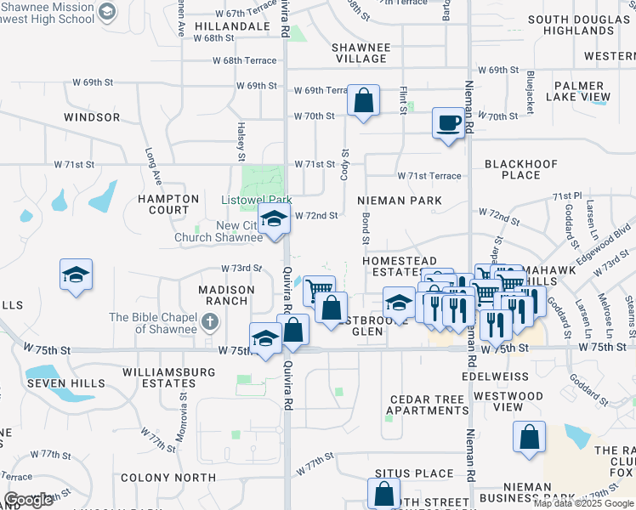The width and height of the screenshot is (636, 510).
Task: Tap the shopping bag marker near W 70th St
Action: point(363,100)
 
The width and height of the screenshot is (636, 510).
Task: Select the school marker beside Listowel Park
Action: point(274,220)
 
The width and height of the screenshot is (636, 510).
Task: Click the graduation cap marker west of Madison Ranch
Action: point(77,275)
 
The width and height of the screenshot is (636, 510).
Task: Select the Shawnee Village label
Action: point(361,53)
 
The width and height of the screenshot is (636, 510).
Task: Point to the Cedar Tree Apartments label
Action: point(428,405)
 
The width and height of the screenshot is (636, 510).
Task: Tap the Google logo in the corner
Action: point(29,500)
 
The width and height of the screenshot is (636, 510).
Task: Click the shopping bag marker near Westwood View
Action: point(528,438)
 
